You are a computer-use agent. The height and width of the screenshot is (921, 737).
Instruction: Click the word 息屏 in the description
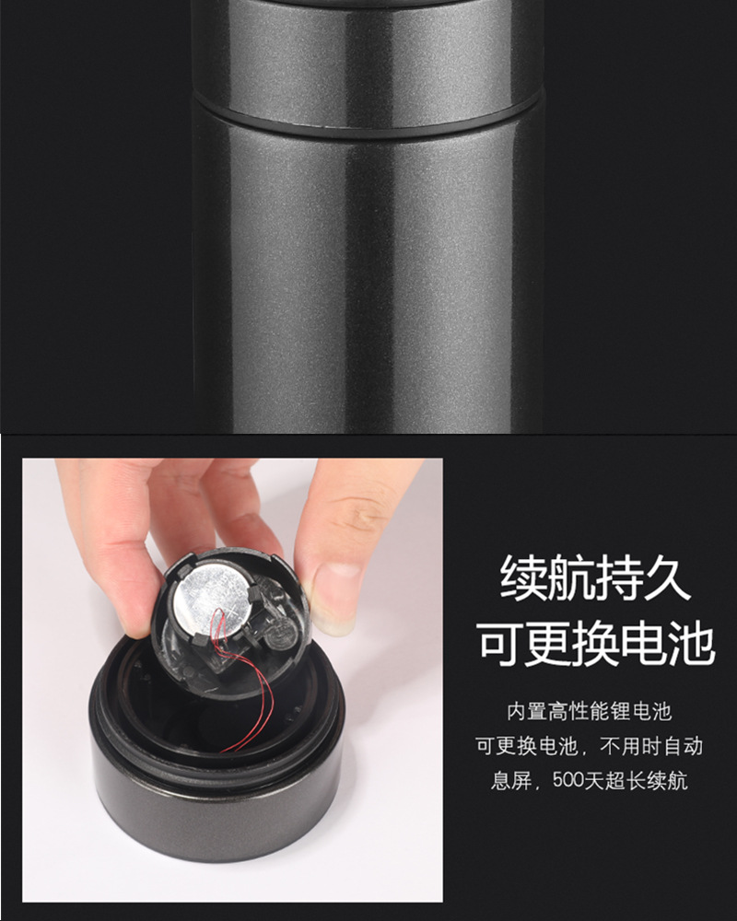510,781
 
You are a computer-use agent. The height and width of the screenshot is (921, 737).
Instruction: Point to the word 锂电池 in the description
644,711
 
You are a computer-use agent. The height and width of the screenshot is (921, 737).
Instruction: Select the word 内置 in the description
525,711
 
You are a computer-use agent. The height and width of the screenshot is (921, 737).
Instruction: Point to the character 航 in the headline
572,578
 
